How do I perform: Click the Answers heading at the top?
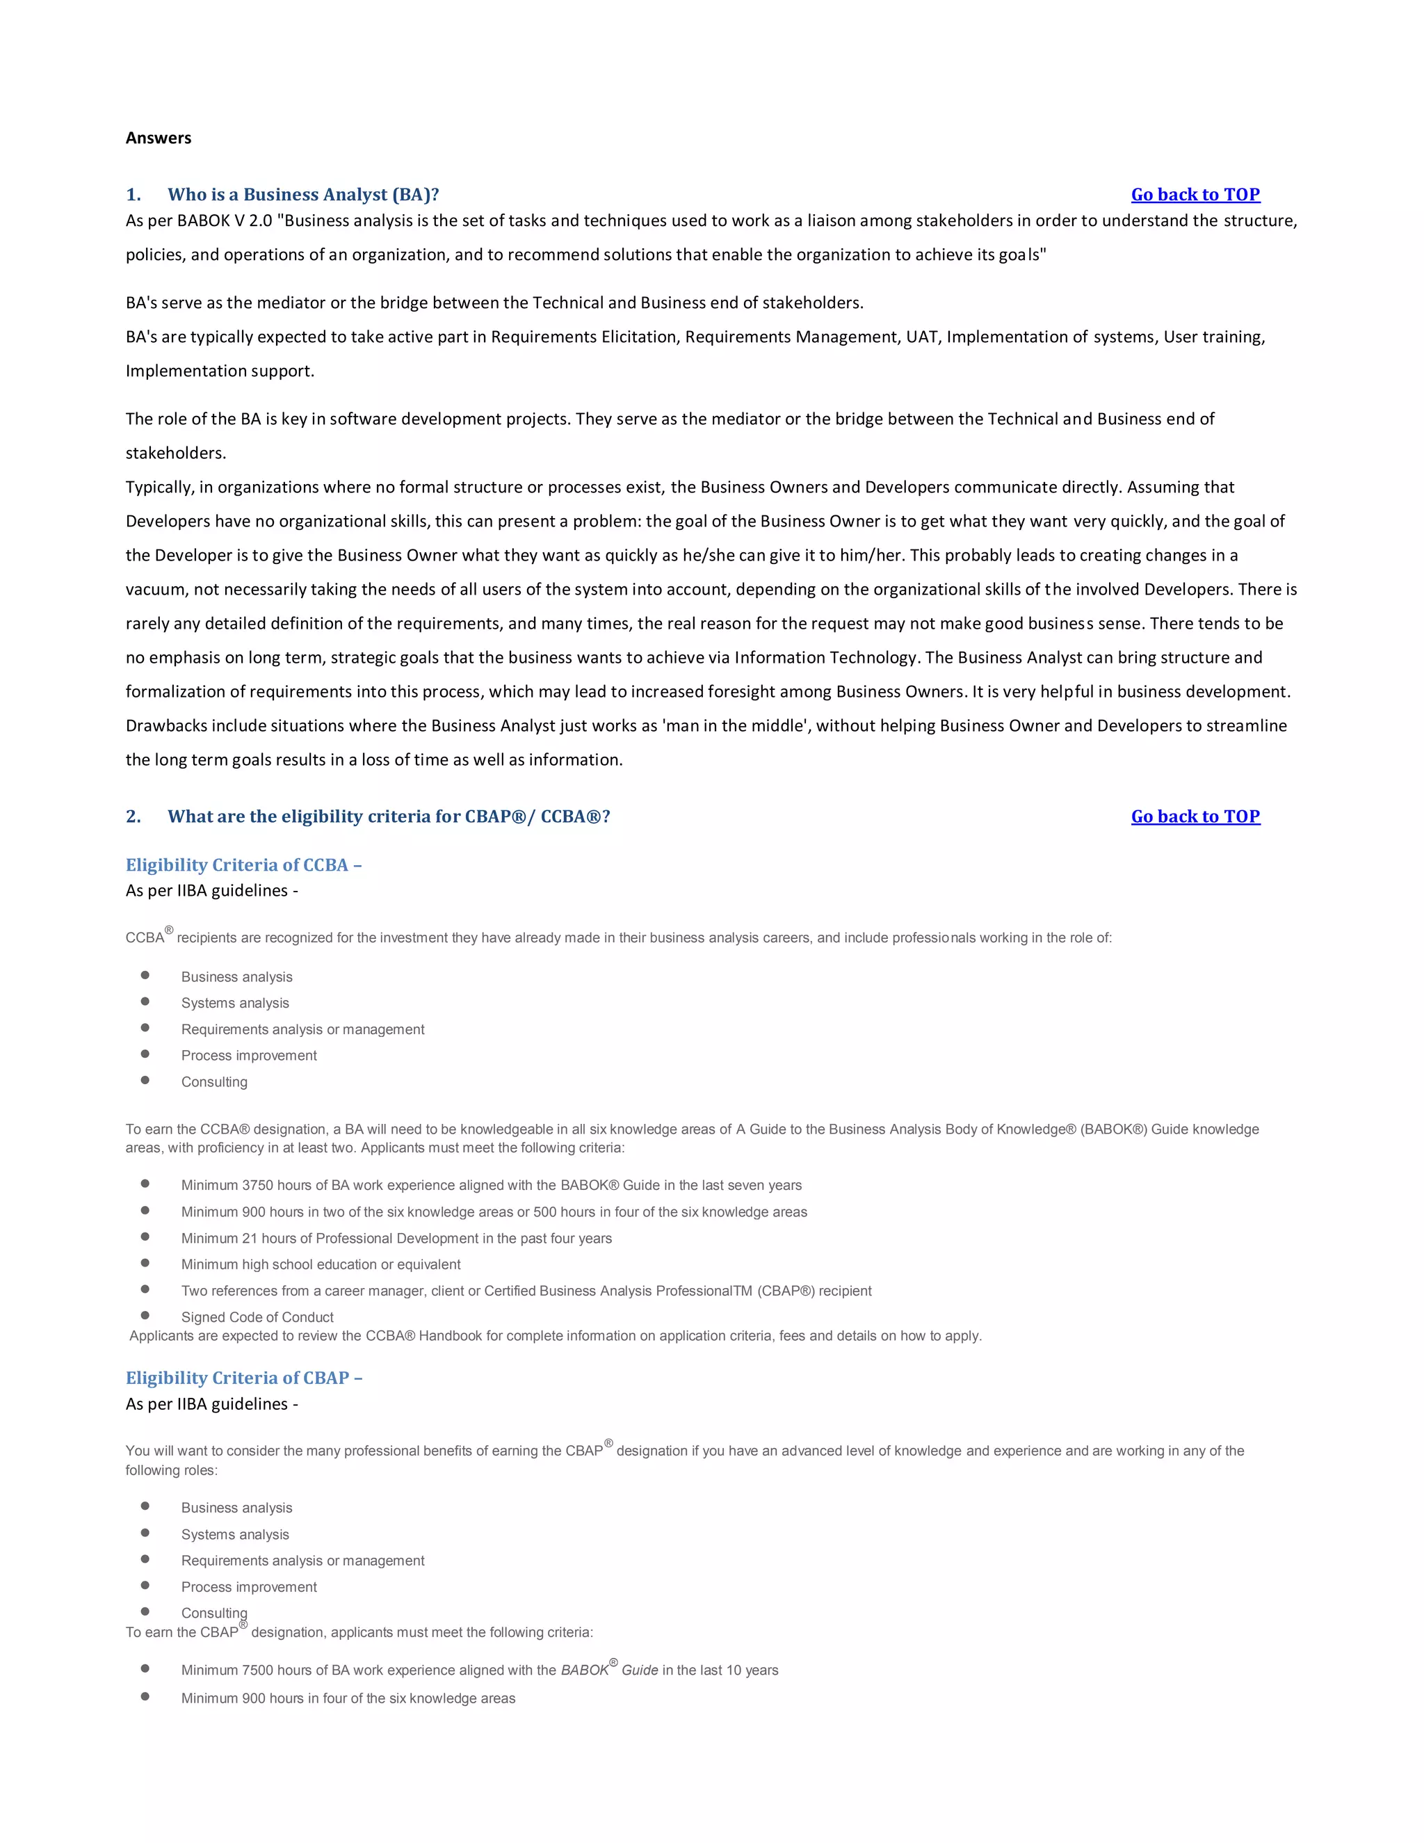click(x=159, y=138)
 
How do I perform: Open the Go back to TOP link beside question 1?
click(x=1195, y=195)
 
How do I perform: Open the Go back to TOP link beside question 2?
click(x=1195, y=817)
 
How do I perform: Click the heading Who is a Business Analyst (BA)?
click(x=303, y=195)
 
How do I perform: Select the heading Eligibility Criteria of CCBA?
click(x=243, y=865)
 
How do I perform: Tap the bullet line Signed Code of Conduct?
click(x=257, y=1317)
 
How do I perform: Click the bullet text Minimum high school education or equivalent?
click(x=321, y=1264)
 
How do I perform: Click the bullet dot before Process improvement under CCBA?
click(x=145, y=1054)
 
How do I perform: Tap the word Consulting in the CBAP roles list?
click(x=214, y=1613)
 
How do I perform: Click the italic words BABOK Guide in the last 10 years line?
click(x=609, y=1671)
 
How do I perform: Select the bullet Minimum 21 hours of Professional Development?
click(x=396, y=1238)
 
